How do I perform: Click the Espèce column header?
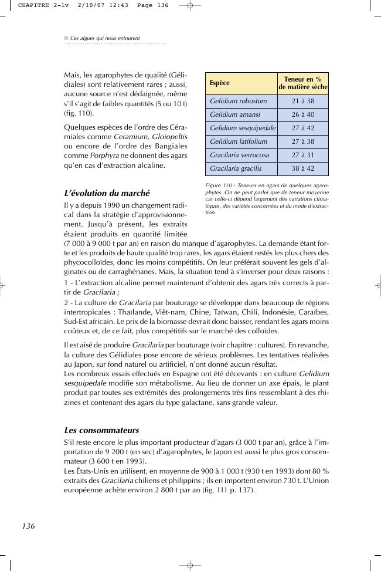click(x=220, y=83)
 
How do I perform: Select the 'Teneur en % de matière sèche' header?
click(x=302, y=83)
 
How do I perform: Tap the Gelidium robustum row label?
click(x=238, y=101)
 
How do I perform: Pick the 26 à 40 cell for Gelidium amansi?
click(x=302, y=114)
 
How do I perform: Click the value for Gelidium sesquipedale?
click(x=302, y=128)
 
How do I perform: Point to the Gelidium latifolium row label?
click(x=238, y=141)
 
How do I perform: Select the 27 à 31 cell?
click(x=302, y=155)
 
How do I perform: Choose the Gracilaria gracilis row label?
click(x=236, y=168)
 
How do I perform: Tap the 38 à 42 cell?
click(x=302, y=168)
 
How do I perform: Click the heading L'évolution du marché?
click(x=107, y=193)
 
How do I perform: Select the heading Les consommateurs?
click(x=101, y=430)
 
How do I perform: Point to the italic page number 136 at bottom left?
click(x=29, y=526)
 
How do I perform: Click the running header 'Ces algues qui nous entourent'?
click(x=105, y=38)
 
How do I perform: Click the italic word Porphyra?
click(x=104, y=156)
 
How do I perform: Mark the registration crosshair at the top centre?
click(x=190, y=5)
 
